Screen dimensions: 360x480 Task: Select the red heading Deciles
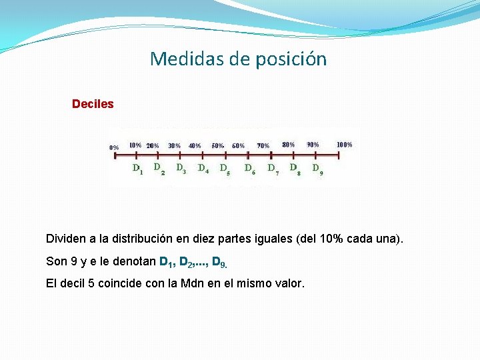coord(93,105)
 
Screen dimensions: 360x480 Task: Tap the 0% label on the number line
coord(114,147)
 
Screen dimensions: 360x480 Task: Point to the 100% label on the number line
coord(345,144)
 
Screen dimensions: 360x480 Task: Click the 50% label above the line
coord(218,145)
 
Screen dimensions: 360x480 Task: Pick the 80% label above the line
coord(289,145)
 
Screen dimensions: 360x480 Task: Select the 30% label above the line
coord(174,145)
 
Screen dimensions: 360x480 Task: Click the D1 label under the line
coord(137,169)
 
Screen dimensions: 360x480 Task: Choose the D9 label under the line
coord(318,169)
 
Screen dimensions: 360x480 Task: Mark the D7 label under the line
coord(273,169)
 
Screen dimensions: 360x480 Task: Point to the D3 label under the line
coord(181,169)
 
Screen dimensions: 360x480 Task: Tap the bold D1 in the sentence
coord(167,261)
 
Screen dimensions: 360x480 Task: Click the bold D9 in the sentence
coord(218,261)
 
